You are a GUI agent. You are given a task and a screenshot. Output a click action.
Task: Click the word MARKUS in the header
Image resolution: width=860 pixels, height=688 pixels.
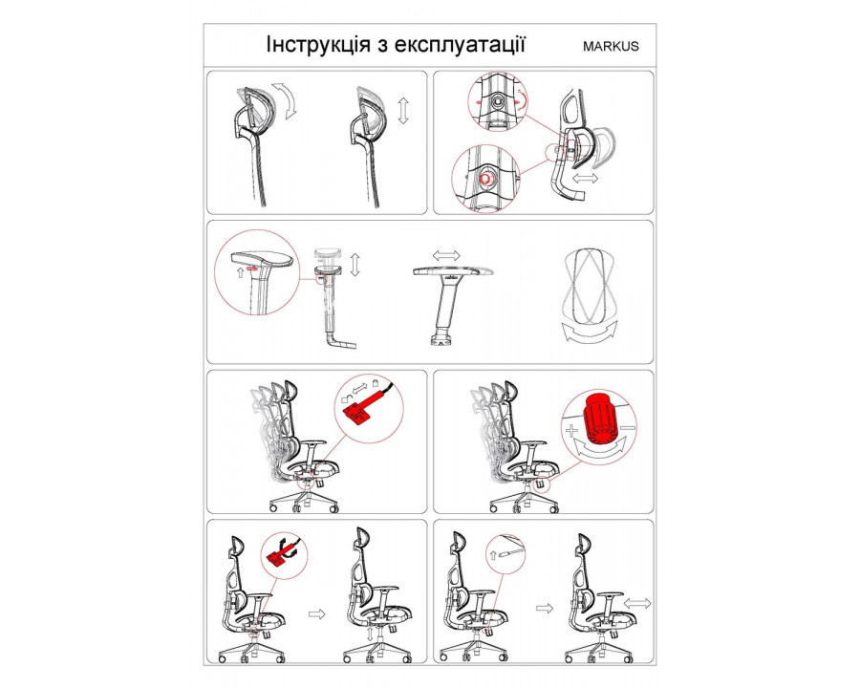click(x=611, y=46)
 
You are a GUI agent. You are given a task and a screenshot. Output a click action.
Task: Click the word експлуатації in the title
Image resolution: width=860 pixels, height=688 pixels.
click(x=460, y=45)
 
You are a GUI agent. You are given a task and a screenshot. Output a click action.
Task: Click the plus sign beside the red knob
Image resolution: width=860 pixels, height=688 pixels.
click(x=572, y=430)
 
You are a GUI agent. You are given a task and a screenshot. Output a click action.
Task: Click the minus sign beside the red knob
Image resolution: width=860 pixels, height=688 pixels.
click(x=628, y=427)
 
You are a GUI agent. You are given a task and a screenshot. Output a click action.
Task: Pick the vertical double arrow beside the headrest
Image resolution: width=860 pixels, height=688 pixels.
click(x=403, y=111)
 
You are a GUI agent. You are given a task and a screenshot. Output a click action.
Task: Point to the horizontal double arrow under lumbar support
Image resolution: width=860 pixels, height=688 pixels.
click(x=585, y=179)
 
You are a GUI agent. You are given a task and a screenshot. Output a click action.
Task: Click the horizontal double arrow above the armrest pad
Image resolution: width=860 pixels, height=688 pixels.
click(x=446, y=255)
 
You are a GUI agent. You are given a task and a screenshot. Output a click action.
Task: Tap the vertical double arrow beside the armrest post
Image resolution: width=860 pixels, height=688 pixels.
click(x=355, y=265)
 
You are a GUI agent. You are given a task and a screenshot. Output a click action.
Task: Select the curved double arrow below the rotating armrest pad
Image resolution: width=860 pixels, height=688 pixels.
click(x=590, y=333)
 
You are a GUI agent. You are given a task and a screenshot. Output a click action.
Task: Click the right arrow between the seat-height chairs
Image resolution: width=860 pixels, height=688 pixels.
click(x=317, y=613)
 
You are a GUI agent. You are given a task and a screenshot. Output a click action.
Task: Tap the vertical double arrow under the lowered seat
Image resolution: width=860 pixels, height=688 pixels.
click(x=370, y=634)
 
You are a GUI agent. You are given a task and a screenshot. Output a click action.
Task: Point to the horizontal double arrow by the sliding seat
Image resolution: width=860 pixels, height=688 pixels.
click(x=637, y=604)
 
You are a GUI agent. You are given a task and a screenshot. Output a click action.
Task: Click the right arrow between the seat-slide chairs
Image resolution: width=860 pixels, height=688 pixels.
click(x=544, y=609)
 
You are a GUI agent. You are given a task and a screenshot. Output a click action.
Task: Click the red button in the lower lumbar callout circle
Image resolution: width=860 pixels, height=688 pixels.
click(x=484, y=180)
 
